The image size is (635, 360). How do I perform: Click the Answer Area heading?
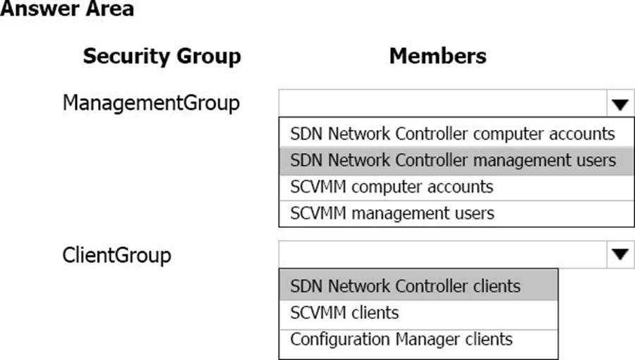(67, 8)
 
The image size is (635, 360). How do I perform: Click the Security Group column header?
(162, 56)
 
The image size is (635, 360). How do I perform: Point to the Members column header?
(437, 56)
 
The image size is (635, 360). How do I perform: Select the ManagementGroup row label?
(151, 103)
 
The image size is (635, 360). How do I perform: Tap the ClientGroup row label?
(116, 256)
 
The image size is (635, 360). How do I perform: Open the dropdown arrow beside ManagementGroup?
(620, 104)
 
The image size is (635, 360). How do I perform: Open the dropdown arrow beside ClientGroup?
(620, 254)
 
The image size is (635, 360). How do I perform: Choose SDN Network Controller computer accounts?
(452, 133)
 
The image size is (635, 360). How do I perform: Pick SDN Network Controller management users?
(453, 160)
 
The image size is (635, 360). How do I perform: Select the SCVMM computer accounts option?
(392, 187)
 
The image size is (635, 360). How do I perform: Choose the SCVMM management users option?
(392, 213)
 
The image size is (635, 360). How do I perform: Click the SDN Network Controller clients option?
(405, 286)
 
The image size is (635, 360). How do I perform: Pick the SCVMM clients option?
(344, 313)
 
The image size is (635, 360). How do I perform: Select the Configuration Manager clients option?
(401, 340)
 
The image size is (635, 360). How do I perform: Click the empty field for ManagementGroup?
(442, 104)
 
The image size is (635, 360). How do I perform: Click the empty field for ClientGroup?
(442, 254)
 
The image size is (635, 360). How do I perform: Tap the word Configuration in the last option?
(339, 340)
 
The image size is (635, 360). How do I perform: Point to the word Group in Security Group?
(209, 56)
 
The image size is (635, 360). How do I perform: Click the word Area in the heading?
(110, 8)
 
